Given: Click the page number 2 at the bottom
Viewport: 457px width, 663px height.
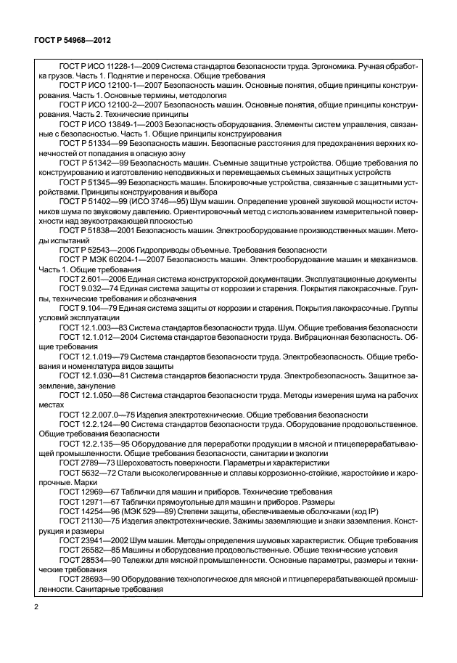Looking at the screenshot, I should [36, 606].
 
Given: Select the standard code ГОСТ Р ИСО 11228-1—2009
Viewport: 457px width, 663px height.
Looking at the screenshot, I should [108, 67].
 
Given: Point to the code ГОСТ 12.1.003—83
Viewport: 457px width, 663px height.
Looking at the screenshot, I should [92, 327].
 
